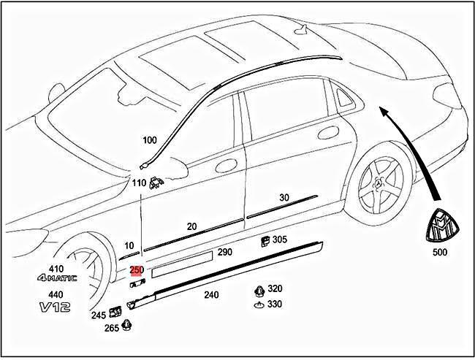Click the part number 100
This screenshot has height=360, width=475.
click(150, 139)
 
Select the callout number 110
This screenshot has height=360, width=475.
click(139, 183)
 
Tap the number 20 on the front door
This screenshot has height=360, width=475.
click(191, 227)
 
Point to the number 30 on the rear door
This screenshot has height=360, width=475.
click(284, 198)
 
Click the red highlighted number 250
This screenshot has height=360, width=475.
click(137, 270)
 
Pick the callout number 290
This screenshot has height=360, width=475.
click(224, 252)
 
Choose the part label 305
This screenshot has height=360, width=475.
click(280, 239)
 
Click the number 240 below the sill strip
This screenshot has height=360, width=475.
click(210, 296)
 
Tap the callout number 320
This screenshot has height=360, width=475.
click(275, 288)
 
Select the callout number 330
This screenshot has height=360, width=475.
click(275, 304)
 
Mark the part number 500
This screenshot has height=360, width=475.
click(440, 253)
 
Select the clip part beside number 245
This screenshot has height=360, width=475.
click(115, 313)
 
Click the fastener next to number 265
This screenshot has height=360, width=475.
click(128, 326)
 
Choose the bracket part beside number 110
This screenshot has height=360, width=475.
click(156, 184)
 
